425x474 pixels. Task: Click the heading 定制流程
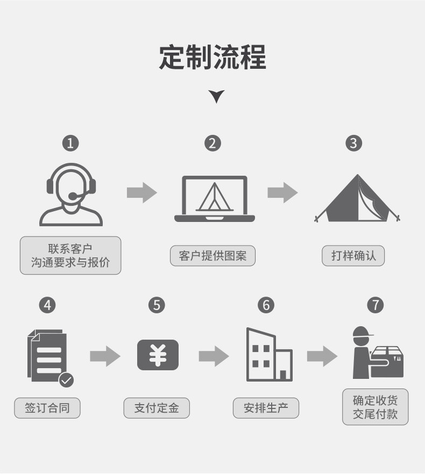click(212, 57)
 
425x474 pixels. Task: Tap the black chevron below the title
click(216, 97)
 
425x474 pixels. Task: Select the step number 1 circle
click(70, 143)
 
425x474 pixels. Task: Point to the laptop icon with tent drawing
click(214, 199)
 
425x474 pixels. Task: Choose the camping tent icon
click(357, 198)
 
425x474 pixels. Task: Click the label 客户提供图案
click(212, 256)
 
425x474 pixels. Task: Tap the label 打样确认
click(353, 256)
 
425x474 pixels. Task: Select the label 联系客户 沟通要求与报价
click(70, 256)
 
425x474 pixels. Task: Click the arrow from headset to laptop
click(142, 192)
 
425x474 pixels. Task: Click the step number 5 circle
click(157, 305)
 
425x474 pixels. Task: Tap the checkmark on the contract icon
click(66, 380)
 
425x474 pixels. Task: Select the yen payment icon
click(158, 355)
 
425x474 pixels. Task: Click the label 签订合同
click(47, 408)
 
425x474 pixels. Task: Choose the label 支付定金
click(157, 408)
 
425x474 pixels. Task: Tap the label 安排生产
click(266, 408)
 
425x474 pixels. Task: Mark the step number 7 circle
click(375, 305)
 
